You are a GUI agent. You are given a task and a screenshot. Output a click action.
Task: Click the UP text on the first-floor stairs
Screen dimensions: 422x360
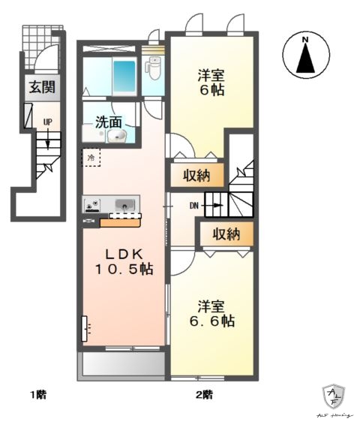click(48, 122)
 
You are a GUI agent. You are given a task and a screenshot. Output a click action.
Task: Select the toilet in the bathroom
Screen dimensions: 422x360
click(154, 68)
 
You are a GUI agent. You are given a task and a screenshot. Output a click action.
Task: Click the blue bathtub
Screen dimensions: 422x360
click(123, 76)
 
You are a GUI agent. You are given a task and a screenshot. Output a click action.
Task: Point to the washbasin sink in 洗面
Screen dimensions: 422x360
click(116, 136)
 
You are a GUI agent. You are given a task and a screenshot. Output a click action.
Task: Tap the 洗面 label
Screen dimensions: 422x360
click(108, 121)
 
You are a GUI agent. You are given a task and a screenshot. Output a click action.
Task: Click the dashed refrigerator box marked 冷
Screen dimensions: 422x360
click(91, 158)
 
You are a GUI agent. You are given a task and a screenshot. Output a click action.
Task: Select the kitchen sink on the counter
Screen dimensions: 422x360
click(124, 203)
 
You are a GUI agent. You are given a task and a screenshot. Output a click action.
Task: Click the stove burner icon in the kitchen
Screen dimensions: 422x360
click(94, 203)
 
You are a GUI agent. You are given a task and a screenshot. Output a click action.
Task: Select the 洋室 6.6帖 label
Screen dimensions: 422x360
click(214, 313)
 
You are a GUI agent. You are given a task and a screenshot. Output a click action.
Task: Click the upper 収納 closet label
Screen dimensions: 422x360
click(197, 176)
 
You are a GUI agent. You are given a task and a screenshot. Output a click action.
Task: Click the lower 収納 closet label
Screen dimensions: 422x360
click(226, 234)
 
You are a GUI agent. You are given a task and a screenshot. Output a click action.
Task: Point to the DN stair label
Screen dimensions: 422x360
click(193, 203)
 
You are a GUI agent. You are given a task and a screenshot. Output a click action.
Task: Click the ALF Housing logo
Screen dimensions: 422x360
click(331, 397)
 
